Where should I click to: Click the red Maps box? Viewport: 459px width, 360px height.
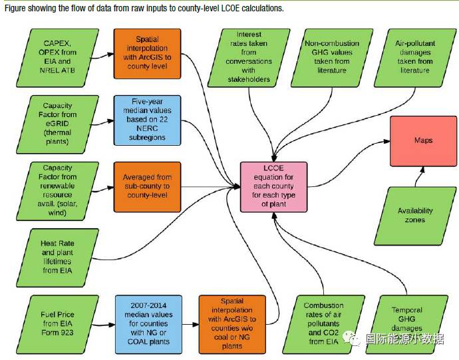[423, 141]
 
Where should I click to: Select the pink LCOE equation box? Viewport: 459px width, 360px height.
[274, 187]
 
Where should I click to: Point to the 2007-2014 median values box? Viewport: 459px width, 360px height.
[147, 323]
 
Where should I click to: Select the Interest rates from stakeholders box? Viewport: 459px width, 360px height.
[249, 57]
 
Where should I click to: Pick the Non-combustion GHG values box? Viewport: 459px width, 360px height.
[332, 57]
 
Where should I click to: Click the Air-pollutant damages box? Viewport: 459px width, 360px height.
[416, 57]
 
